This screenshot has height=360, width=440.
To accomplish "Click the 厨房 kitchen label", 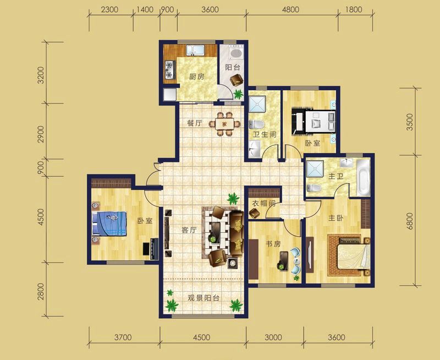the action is tap(197, 77).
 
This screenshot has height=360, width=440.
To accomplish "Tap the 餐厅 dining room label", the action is tap(195, 123).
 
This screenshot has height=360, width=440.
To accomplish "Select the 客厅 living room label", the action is tap(189, 230).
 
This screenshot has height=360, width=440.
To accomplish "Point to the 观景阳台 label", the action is tap(204, 298).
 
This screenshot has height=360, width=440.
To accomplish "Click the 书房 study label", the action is tap(273, 244).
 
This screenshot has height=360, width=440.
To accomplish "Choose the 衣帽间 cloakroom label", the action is tap(263, 203).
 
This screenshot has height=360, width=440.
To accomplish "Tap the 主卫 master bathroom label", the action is tap(336, 177).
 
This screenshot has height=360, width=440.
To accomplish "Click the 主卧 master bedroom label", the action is tap(336, 218).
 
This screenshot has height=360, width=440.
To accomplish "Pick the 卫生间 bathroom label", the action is tap(265, 134).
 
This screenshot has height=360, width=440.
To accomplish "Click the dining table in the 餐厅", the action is tap(224, 123).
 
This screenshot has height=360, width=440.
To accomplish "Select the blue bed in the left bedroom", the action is tap(109, 223).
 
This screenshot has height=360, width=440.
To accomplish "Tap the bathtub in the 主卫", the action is tap(364, 177).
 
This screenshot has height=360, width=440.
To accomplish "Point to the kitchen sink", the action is tap(195, 50).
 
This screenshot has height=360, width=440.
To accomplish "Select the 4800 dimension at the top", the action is tap(290, 10).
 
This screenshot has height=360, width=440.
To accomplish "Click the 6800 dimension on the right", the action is tap(410, 221).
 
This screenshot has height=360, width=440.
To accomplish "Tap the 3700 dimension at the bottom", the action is tap(123, 337).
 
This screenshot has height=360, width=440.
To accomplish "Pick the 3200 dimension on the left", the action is tap(41, 75).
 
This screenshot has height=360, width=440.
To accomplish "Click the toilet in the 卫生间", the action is tap(256, 124).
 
